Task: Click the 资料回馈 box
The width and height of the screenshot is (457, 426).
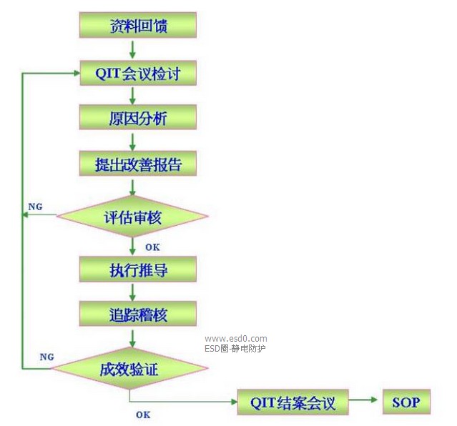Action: pos(137,26)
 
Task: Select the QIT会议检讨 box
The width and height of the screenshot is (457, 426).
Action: pos(137,74)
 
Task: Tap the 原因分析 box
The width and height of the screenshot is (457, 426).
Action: pos(137,118)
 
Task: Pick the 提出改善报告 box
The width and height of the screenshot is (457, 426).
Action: pos(137,164)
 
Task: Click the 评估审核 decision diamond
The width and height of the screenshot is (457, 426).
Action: pos(132,216)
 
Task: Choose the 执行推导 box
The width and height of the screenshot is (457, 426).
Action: pos(137,269)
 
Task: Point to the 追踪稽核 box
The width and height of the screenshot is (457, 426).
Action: pos(137,314)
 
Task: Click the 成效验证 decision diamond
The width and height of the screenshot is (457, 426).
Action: pos(129,369)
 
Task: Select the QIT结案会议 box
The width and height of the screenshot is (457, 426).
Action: pos(293,402)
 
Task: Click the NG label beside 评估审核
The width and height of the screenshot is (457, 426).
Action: pos(35,207)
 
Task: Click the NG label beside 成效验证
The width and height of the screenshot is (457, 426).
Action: pos(46,356)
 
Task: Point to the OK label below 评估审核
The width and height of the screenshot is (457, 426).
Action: pos(152,247)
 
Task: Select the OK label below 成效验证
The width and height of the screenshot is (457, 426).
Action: pos(143,414)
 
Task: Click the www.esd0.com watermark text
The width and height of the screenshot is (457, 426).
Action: pos(235,339)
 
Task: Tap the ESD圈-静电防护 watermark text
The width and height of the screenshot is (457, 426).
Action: pos(235,349)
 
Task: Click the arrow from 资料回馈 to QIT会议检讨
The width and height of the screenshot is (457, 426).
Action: pos(132,50)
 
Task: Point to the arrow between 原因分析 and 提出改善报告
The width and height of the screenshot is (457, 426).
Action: pos(132,142)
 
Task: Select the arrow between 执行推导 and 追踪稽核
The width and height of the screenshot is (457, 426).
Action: pos(132,292)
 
